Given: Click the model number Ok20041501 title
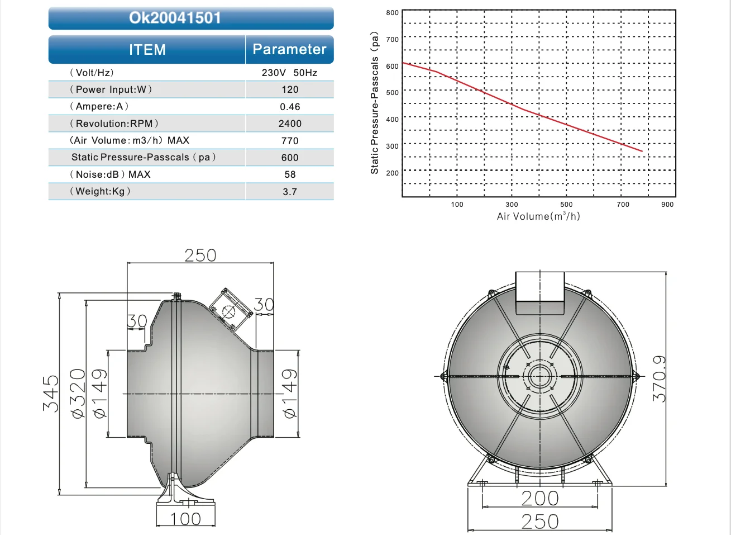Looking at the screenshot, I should pos(175,18).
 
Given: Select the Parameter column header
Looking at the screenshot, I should pos(289,49).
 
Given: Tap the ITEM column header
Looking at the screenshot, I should pos(147,50).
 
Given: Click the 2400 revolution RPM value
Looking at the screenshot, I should pos(290,124).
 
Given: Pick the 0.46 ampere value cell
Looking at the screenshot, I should pos(290,107).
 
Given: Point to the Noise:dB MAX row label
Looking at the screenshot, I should pos(110,174).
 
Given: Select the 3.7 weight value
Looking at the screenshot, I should pos(290,192).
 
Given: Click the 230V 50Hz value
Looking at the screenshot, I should pos(289,73).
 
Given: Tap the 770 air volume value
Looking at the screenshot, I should pos(290,141).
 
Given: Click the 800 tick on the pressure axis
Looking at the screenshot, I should pos(393,13).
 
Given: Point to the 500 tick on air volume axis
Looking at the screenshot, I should pos(566,205).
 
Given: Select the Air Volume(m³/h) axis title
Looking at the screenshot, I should pos(538,216).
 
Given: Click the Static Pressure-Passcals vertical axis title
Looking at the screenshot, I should pos(375,102).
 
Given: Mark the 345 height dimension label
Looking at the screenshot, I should pos(51,394).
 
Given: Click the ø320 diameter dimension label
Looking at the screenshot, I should pos(78,394).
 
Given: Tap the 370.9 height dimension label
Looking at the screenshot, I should pos(660,378).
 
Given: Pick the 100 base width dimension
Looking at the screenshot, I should pos(185,519).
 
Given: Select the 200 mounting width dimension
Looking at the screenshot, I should pos(540,498).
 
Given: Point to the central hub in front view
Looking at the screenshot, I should pos(540,376).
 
